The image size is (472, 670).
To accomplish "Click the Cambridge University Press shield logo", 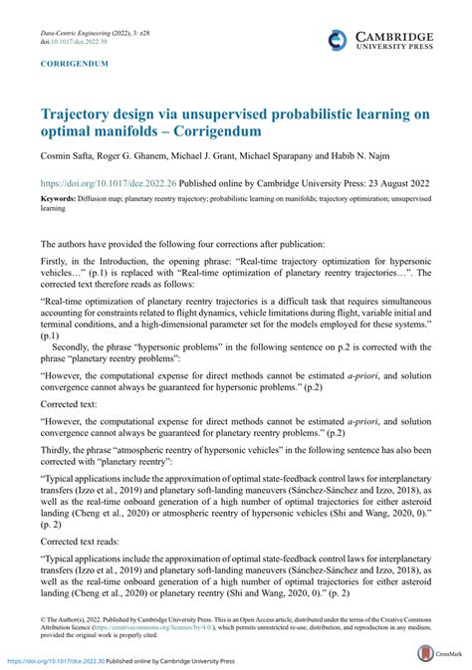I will pos(340,40).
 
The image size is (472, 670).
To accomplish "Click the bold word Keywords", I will pos(62,199).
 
